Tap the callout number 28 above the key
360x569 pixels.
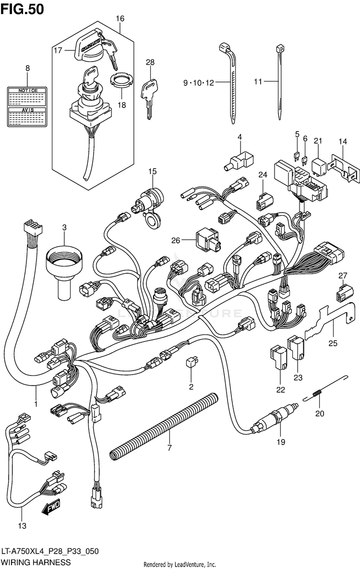(x=151, y=62)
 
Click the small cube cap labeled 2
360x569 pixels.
(x=192, y=361)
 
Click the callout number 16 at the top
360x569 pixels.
(x=120, y=19)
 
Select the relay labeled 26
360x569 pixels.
(x=206, y=240)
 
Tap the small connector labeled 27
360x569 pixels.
(x=342, y=292)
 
